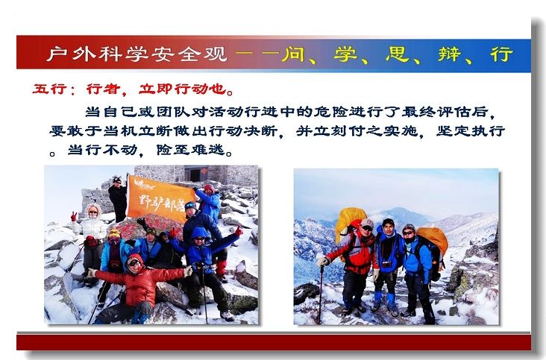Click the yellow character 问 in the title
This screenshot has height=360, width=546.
293,54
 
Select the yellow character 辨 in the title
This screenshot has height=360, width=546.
450,54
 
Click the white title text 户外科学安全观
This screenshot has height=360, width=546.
136,54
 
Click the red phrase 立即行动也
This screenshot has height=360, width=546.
183,89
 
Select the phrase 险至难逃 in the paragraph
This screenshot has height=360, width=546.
191,150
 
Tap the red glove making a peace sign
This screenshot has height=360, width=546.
74,217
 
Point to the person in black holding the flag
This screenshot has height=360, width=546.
119,199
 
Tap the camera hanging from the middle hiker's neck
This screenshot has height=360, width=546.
387,264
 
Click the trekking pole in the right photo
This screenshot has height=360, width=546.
321,294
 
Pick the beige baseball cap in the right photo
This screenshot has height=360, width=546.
367,223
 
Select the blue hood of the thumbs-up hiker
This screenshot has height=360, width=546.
199,233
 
